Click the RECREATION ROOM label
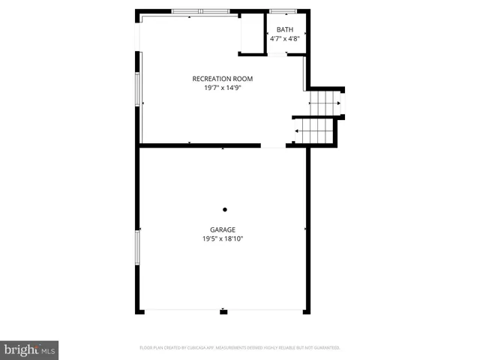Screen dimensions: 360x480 pos(222,79)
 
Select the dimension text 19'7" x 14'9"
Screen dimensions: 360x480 pos(222,88)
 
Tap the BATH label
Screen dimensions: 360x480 pos(284,30)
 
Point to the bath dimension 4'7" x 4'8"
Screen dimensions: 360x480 pos(285,38)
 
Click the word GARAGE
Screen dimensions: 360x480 pos(223,230)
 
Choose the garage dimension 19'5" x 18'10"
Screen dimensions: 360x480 pos(223,239)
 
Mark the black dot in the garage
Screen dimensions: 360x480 pos(224,210)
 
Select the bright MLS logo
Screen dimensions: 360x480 pos(30,350)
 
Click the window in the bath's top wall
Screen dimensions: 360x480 pos(283,11)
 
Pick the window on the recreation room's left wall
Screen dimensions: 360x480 pos(137,88)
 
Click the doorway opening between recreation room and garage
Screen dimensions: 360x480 pos(273,145)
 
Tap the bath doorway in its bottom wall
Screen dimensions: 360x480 pos(277,54)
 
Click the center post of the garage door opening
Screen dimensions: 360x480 pos(223,310)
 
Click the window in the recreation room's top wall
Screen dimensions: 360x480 pos(200,11)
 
